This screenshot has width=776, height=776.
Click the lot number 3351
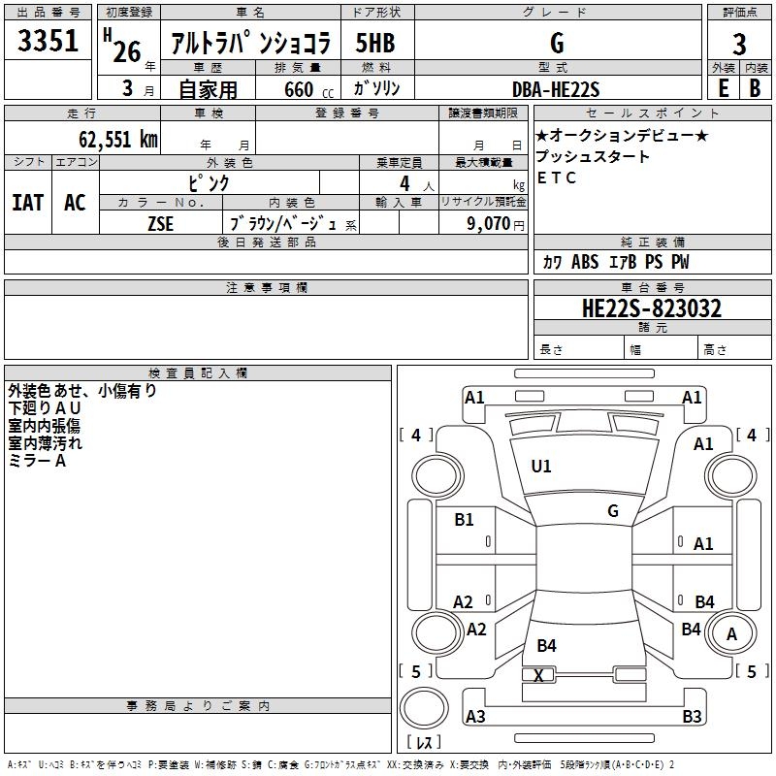pos(48,44)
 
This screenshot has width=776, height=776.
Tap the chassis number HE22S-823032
pos(652,308)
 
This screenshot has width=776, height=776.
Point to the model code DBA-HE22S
pos(556,89)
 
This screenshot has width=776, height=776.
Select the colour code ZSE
pos(161,222)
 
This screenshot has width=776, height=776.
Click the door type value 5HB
pos(375,44)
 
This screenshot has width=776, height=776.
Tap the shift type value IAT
pos(27,202)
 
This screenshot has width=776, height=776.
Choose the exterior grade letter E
pos(723,88)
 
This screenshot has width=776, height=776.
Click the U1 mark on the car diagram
pos(541,467)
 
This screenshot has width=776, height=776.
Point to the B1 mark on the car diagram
pos(465,520)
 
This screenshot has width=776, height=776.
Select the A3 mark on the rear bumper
pos(475,717)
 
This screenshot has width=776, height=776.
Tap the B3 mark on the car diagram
pos(692,717)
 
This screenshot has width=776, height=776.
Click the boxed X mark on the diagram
pos(539,675)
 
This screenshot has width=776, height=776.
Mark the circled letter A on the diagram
pos(732,635)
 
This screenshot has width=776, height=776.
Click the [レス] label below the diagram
pos(424,743)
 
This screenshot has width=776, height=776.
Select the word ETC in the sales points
pos(557,178)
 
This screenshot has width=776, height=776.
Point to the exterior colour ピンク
pos(210,182)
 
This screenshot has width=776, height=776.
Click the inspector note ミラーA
pos(37,461)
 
